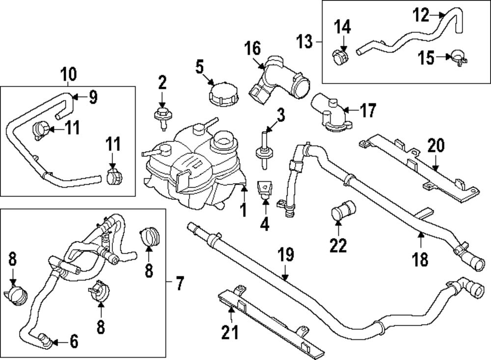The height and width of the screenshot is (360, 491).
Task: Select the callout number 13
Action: click(x=305, y=42)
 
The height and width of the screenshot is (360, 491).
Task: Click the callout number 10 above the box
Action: click(x=69, y=75)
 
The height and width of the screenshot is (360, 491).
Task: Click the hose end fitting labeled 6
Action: click(x=45, y=338)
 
